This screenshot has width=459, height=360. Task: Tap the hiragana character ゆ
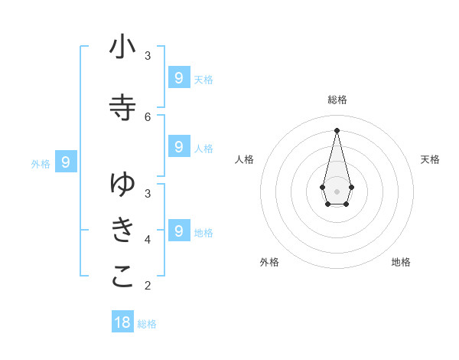(122, 184)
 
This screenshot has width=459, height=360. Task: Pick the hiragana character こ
(122, 278)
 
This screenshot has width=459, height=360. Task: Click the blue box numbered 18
(122, 322)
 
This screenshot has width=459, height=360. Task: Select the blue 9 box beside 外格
(66, 162)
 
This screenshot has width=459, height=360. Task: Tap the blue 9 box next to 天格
(178, 78)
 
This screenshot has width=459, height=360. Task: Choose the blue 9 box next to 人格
(178, 146)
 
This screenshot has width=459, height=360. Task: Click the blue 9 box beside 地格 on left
(178, 230)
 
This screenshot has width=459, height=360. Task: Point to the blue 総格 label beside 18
(147, 324)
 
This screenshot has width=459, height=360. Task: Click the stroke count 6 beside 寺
(148, 116)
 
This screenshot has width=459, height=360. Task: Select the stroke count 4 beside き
(148, 240)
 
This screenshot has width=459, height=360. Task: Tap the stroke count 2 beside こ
(148, 286)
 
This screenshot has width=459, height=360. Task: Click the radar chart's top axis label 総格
(337, 100)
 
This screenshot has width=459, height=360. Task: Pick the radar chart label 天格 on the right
(430, 159)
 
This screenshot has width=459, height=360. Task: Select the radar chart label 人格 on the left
(244, 159)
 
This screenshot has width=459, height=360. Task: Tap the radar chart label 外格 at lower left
(269, 262)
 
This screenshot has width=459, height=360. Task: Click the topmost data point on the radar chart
(337, 129)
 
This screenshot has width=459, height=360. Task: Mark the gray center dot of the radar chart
(337, 191)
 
